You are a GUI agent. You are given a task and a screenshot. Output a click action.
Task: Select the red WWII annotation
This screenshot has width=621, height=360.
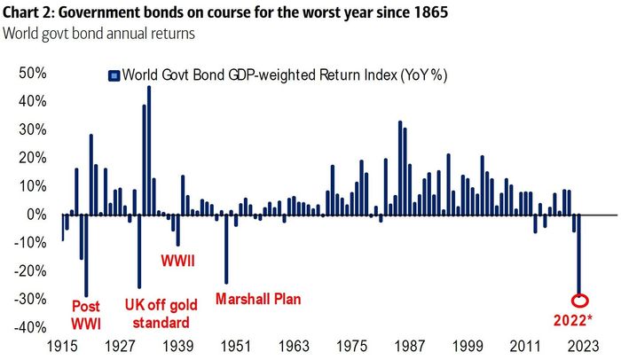tap(177, 262)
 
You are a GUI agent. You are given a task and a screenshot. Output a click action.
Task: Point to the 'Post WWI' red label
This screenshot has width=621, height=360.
tap(86, 315)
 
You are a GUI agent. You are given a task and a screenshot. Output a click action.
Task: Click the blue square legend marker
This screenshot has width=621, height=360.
tap(113, 76)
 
